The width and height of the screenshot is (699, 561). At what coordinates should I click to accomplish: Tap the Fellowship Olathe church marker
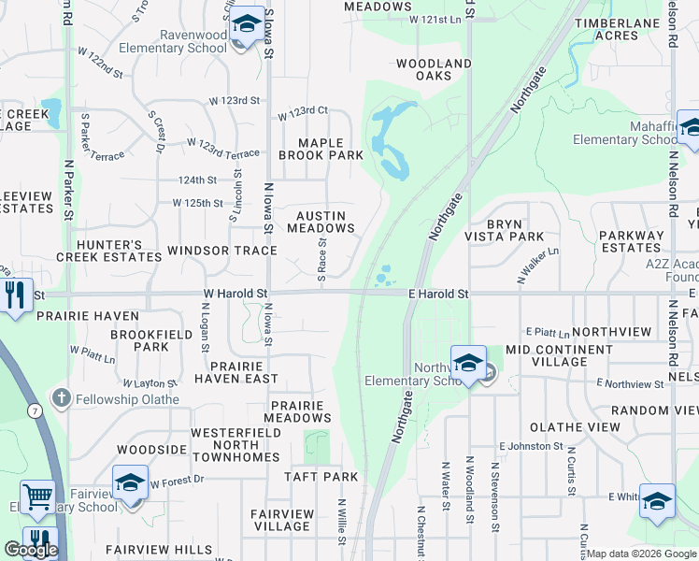point(62,398)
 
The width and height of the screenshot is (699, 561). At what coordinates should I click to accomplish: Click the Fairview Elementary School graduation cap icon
point(129,483)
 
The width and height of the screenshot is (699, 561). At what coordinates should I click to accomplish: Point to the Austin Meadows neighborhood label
point(321,222)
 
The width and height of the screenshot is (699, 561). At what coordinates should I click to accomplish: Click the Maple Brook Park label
point(321,149)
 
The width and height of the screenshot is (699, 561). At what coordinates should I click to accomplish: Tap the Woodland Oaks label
point(434,69)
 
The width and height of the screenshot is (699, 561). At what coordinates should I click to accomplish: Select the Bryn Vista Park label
point(503,230)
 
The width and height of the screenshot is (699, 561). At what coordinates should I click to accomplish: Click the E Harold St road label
point(438,294)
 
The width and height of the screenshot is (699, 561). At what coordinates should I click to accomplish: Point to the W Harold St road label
point(235,294)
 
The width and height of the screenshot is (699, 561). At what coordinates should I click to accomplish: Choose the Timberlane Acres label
point(619,29)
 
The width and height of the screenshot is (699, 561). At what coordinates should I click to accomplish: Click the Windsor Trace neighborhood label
point(221,251)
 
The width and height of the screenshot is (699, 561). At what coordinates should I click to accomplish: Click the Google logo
point(31,550)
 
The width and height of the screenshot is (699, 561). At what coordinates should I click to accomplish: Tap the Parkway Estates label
point(631,241)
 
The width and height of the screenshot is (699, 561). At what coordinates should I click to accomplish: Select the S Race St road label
point(321,262)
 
